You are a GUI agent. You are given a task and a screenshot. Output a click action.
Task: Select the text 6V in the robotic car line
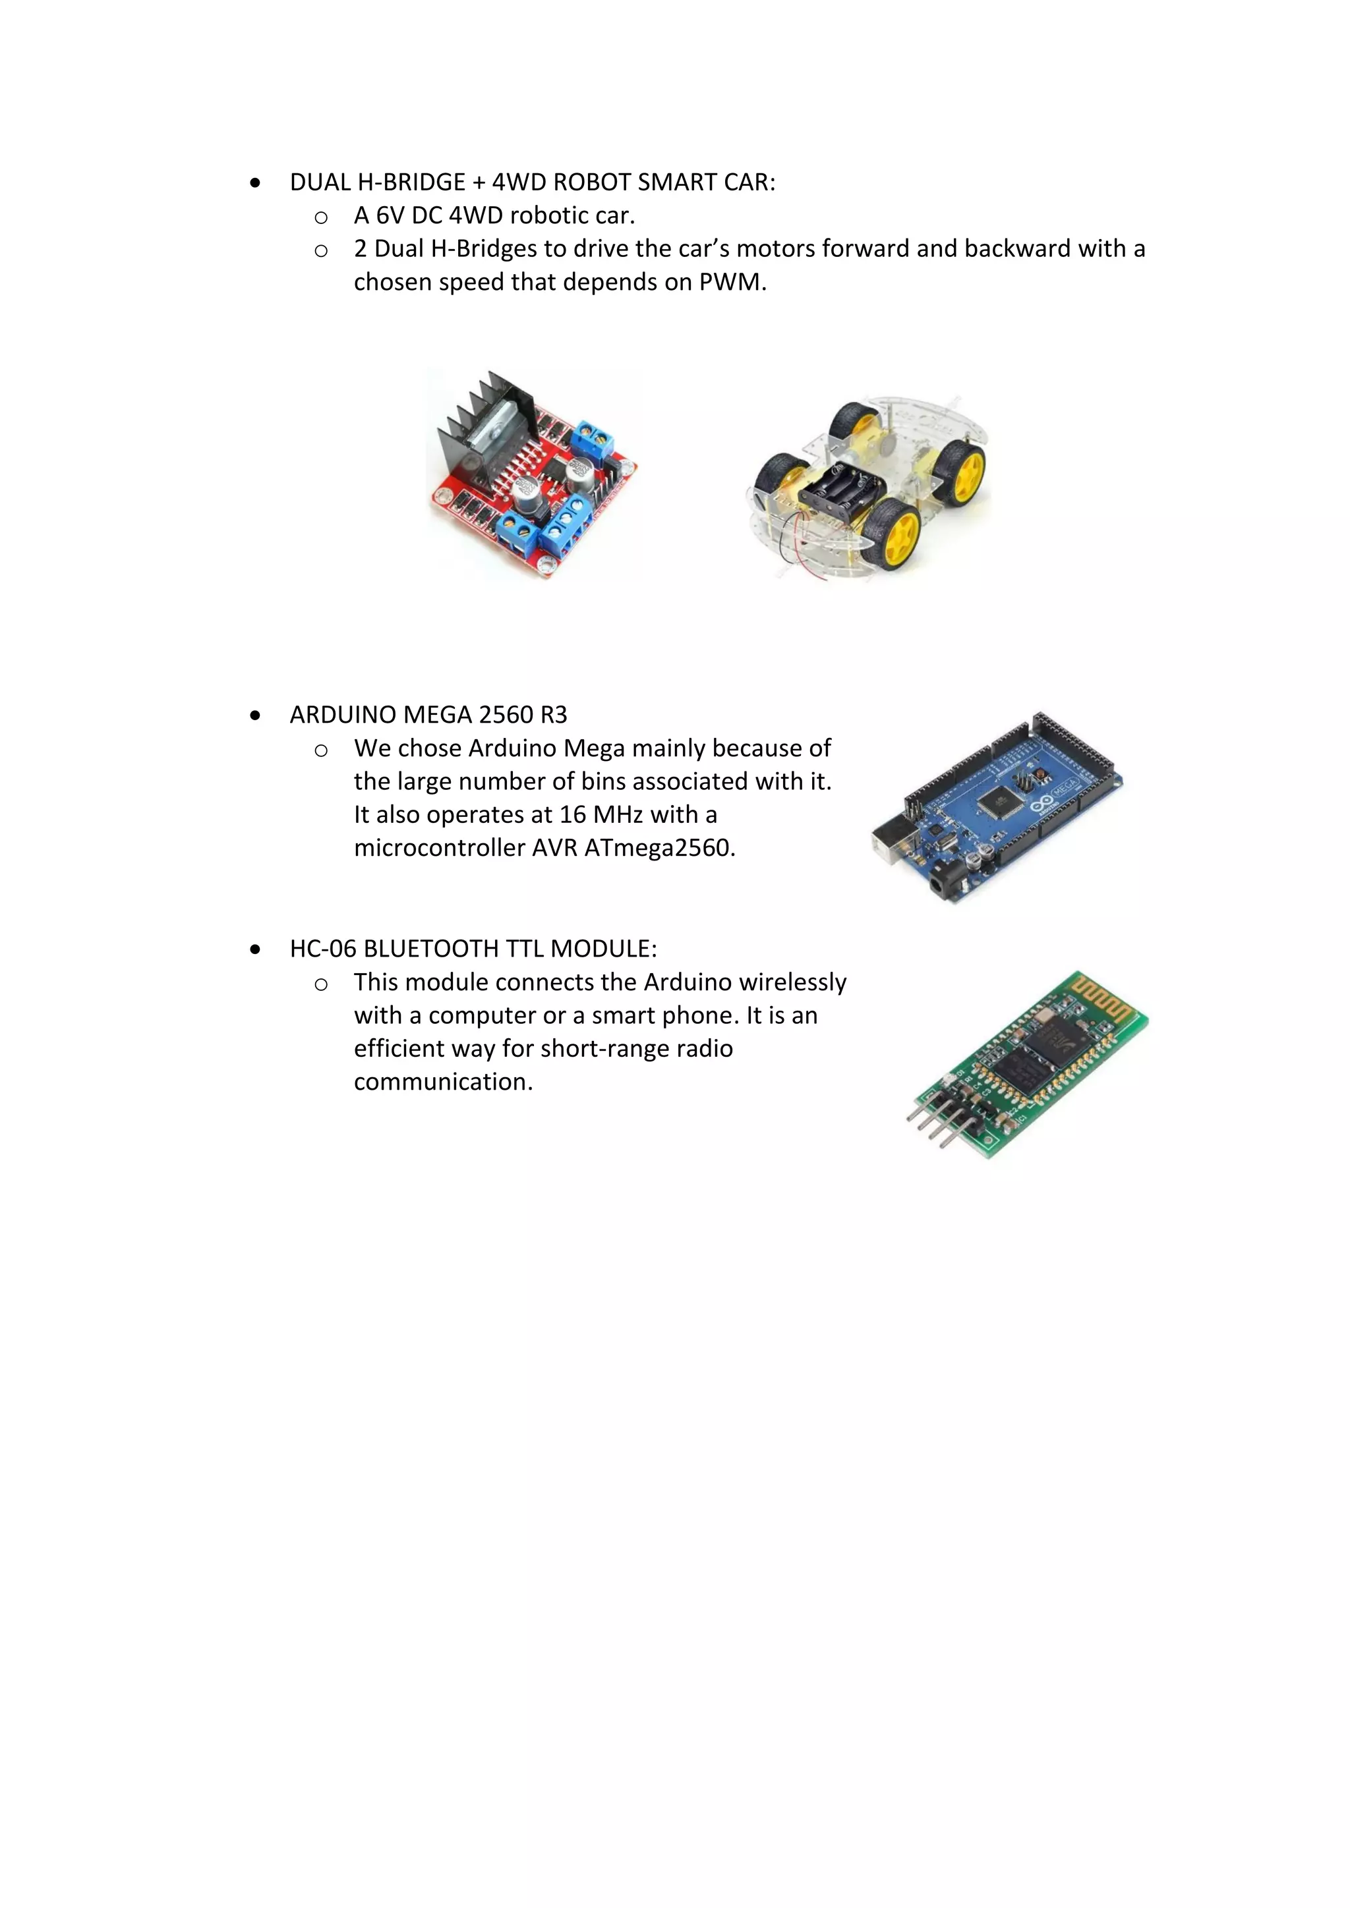point(390,216)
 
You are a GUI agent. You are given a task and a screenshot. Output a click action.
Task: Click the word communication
point(443,1082)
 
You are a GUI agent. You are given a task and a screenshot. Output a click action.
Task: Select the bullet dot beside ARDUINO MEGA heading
point(255,715)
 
